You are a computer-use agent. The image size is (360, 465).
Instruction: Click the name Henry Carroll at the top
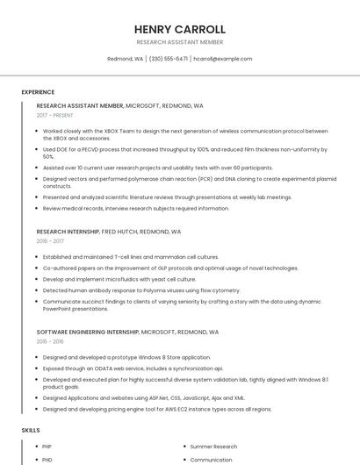pos(180,29)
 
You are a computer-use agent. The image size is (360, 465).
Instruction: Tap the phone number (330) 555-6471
pos(169,59)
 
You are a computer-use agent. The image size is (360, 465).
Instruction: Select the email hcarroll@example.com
pos(223,59)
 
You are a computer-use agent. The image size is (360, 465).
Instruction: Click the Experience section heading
pos(38,92)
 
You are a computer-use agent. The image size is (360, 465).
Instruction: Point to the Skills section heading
pos(31,431)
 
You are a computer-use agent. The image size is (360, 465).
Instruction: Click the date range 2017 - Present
pos(55,115)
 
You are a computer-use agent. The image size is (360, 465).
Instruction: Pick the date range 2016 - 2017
pos(50,240)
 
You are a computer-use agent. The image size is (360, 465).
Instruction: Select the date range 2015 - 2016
pos(50,342)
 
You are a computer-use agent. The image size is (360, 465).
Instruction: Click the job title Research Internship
pos(68,232)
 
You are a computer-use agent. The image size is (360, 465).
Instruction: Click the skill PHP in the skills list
pos(47,447)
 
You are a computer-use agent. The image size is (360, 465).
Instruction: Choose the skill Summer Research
pos(213,447)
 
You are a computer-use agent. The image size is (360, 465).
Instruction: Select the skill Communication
pos(211,460)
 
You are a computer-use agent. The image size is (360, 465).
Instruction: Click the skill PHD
pos(47,460)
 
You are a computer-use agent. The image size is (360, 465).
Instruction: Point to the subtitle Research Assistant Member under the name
pos(180,42)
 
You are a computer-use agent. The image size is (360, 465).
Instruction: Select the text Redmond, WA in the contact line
pos(126,59)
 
